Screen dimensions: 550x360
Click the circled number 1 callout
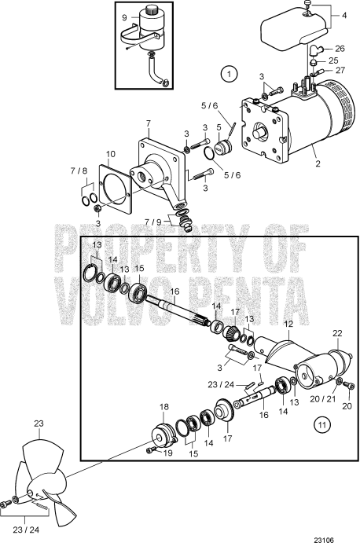(228, 75)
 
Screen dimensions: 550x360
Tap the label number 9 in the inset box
(125, 17)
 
